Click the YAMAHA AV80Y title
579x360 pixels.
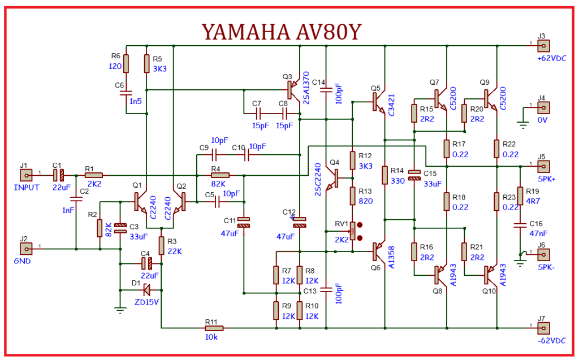[282, 32]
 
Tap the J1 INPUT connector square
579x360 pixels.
[26, 175]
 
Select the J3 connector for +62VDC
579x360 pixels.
[543, 46]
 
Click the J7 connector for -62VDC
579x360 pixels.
[543, 328]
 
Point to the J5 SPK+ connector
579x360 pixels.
[543, 167]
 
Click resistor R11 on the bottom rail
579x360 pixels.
[214, 328]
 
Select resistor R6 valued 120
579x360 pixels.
[126, 63]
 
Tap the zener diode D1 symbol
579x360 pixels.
[146, 290]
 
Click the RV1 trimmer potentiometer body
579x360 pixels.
[353, 231]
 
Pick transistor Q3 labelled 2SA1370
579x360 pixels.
[293, 90]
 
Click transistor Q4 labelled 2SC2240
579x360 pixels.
[334, 179]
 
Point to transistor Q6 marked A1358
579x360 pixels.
[378, 252]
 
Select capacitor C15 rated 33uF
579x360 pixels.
[415, 175]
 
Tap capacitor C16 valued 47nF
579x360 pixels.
[520, 225]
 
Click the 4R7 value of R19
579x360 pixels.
[533, 201]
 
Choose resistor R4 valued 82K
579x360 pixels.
[220, 175]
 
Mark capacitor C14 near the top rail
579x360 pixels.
[326, 90]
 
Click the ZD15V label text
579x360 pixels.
[146, 302]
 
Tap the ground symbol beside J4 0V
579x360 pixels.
[523, 125]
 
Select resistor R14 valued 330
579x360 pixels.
[384, 175]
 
